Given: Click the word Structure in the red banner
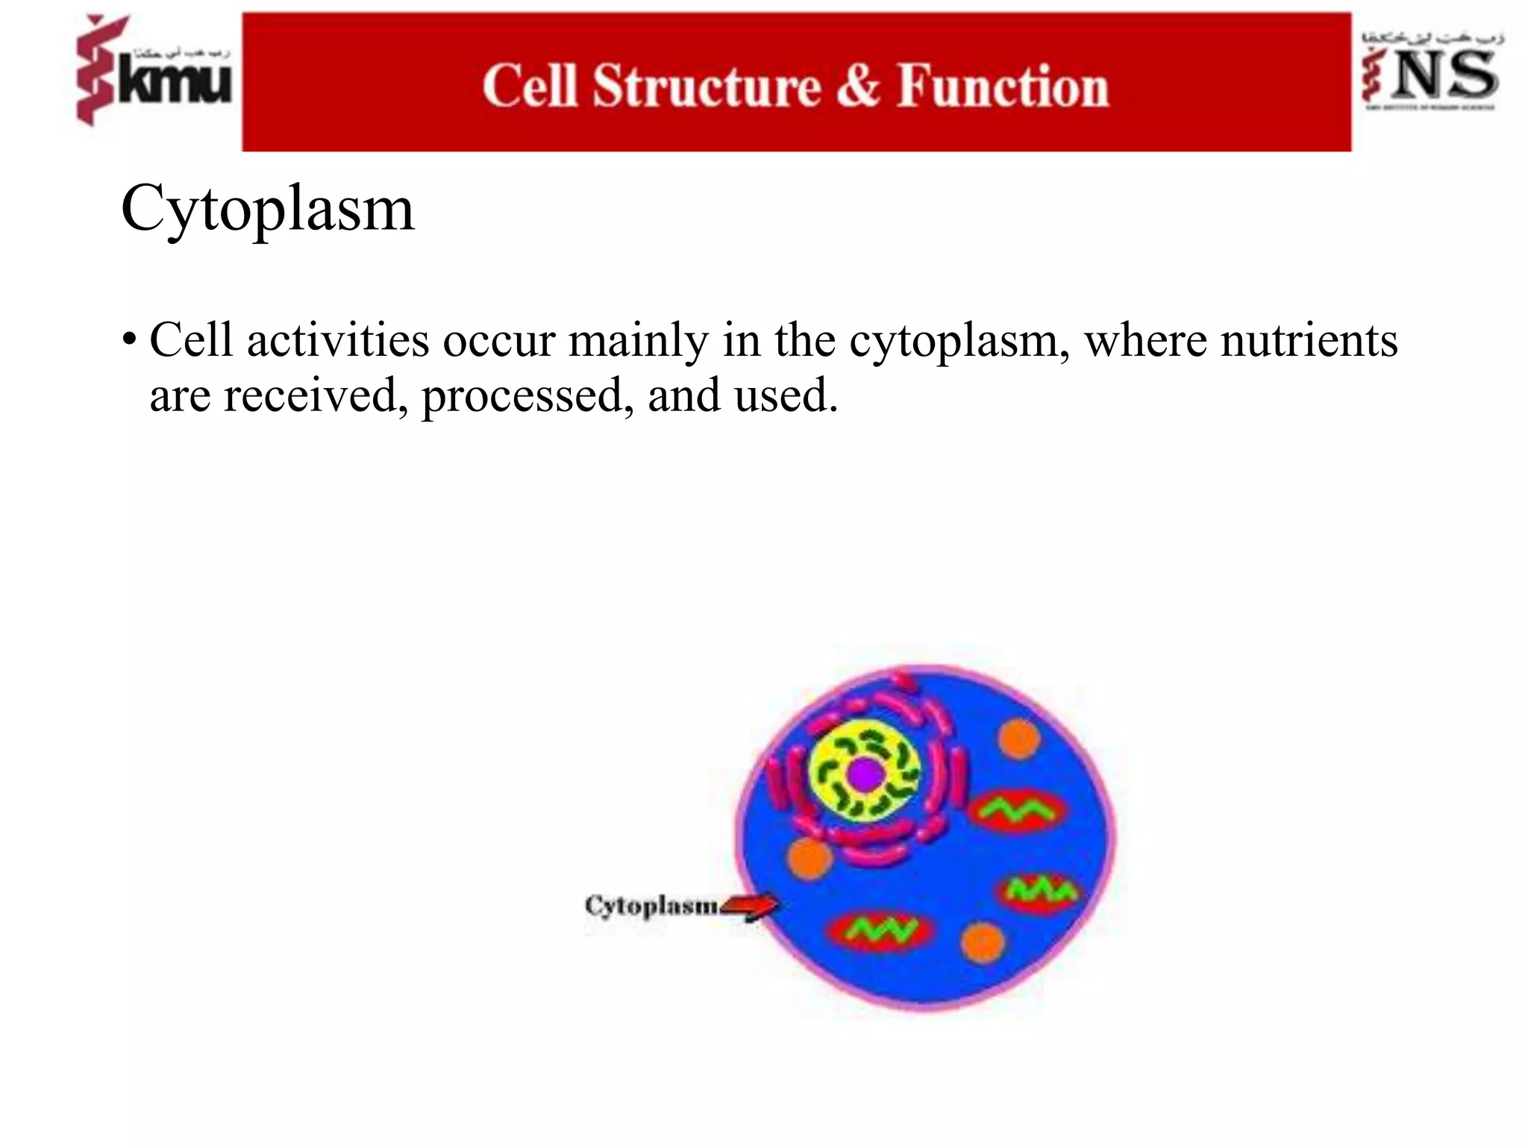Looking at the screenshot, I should (x=707, y=87).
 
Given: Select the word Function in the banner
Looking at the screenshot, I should (x=1003, y=87).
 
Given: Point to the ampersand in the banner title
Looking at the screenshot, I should (x=858, y=87).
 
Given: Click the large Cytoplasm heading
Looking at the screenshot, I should (x=267, y=210).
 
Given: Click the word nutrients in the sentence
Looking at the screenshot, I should (x=1309, y=341).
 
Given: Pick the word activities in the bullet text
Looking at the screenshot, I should (x=338, y=341).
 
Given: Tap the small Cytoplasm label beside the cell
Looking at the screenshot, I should (x=651, y=906).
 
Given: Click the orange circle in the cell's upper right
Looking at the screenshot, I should (x=1019, y=739).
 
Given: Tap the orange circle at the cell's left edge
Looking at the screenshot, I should (x=809, y=858).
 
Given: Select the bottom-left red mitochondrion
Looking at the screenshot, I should (x=881, y=930).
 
